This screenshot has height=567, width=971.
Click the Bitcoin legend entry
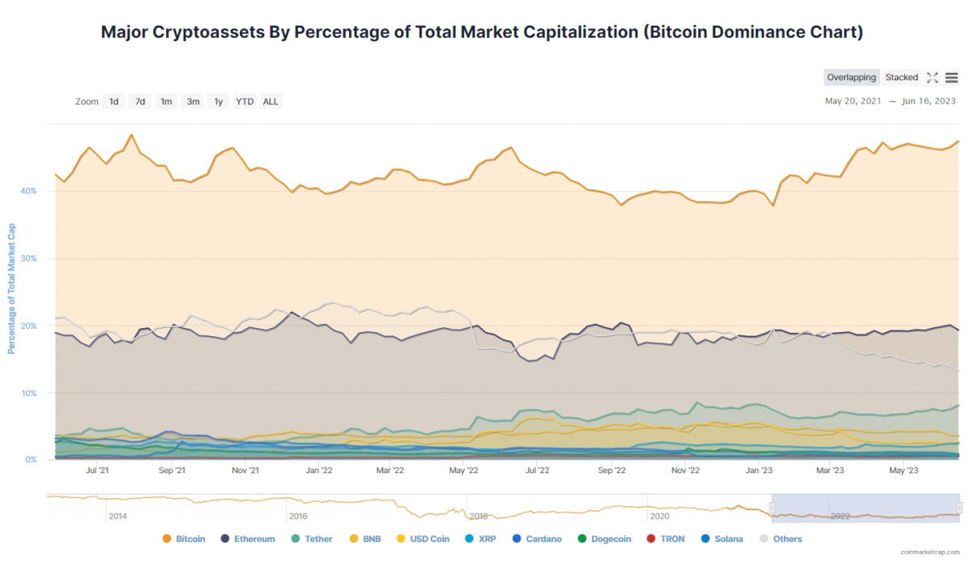coord(184,539)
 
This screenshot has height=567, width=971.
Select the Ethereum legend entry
coord(248,539)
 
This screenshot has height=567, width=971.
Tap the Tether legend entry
coord(312,539)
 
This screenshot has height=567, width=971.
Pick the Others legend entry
coord(781,539)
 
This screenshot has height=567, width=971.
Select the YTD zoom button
coord(245,101)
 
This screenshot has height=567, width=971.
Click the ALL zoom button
coord(270,101)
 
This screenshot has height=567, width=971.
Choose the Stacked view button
coord(901,78)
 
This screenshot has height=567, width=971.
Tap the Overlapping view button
coord(851,78)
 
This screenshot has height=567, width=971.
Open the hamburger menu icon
coord(952,78)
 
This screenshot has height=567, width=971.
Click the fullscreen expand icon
coord(932,78)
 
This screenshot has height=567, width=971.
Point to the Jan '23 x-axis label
coord(759,470)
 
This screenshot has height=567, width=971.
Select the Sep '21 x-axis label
coord(172,470)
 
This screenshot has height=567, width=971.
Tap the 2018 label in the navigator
coord(479,516)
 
